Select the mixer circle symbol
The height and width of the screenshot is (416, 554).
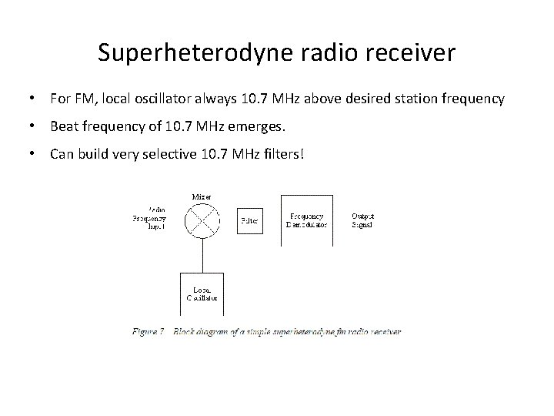pyautogui.click(x=203, y=220)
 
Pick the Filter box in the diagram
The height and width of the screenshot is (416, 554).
pyautogui.click(x=249, y=220)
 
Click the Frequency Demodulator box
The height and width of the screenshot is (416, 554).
pyautogui.click(x=307, y=220)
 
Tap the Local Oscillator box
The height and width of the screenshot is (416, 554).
pyautogui.click(x=202, y=294)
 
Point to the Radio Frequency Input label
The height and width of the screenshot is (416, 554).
pyautogui.click(x=149, y=220)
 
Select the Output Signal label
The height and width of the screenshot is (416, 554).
pyautogui.click(x=362, y=220)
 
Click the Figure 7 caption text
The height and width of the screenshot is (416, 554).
pyautogui.click(x=266, y=331)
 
